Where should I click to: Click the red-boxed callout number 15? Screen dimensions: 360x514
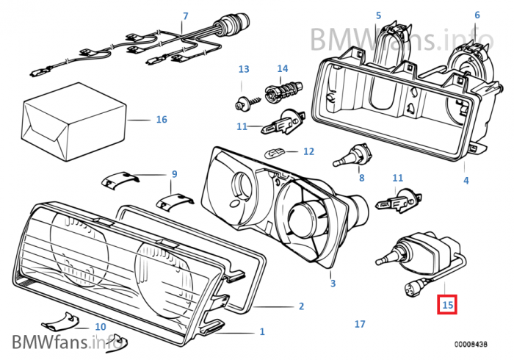[447, 303]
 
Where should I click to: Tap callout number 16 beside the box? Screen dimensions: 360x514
[162, 119]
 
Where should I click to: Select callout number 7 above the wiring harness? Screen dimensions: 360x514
[185, 15]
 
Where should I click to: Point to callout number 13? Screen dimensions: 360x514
[244, 69]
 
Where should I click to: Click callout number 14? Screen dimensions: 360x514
[283, 69]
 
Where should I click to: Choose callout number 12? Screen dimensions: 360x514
[308, 151]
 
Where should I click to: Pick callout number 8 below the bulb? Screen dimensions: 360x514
[361, 178]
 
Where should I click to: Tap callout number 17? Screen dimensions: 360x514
[359, 323]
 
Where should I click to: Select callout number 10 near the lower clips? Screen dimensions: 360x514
[101, 326]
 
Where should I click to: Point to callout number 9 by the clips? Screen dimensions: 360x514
[174, 174]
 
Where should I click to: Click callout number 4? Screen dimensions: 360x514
[466, 179]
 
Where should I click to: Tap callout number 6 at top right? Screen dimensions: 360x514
[477, 15]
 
